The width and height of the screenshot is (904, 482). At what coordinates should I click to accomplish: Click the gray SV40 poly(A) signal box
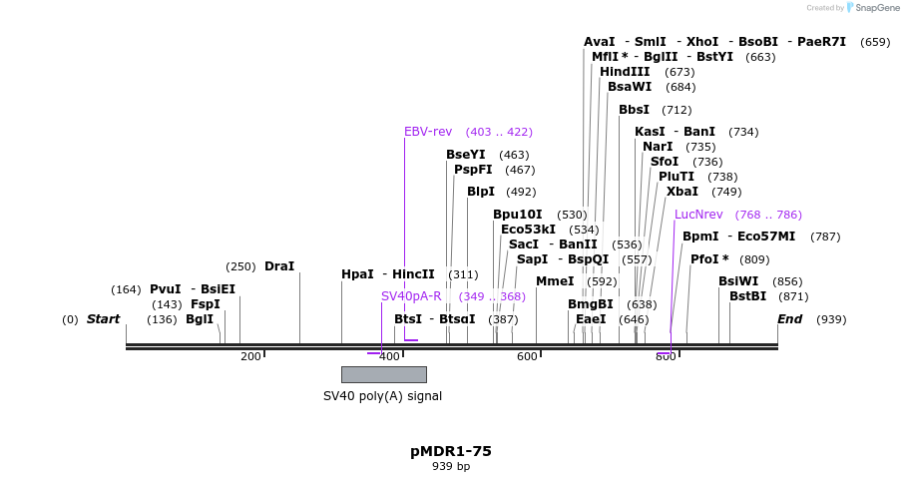383,374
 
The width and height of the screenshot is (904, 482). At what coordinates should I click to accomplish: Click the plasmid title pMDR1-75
450,451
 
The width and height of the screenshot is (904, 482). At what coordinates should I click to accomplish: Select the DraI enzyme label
279,266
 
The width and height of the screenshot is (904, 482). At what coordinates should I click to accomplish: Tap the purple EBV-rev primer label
428,132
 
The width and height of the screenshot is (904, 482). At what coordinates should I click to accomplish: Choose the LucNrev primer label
698,215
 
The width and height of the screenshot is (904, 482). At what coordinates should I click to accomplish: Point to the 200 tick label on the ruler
250,356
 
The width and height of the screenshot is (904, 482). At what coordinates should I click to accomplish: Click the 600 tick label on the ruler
527,356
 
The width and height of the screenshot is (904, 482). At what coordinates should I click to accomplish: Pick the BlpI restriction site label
481,192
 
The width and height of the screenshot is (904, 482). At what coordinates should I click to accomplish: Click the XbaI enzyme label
682,192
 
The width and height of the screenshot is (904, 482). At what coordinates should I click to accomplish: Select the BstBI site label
747,296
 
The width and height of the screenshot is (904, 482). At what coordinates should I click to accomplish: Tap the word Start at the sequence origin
103,319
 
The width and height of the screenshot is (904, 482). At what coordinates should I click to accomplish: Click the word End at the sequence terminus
789,319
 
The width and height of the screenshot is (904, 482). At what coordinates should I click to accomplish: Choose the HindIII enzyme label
625,72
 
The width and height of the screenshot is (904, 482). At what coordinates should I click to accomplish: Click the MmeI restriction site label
555,281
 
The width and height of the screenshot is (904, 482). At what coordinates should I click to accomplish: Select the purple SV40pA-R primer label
411,296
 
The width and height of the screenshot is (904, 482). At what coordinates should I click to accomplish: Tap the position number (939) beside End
831,319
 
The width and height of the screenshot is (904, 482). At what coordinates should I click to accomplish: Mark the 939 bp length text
450,466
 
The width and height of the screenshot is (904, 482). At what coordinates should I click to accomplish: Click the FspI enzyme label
205,304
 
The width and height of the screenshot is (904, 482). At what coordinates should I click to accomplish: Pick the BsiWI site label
738,281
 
